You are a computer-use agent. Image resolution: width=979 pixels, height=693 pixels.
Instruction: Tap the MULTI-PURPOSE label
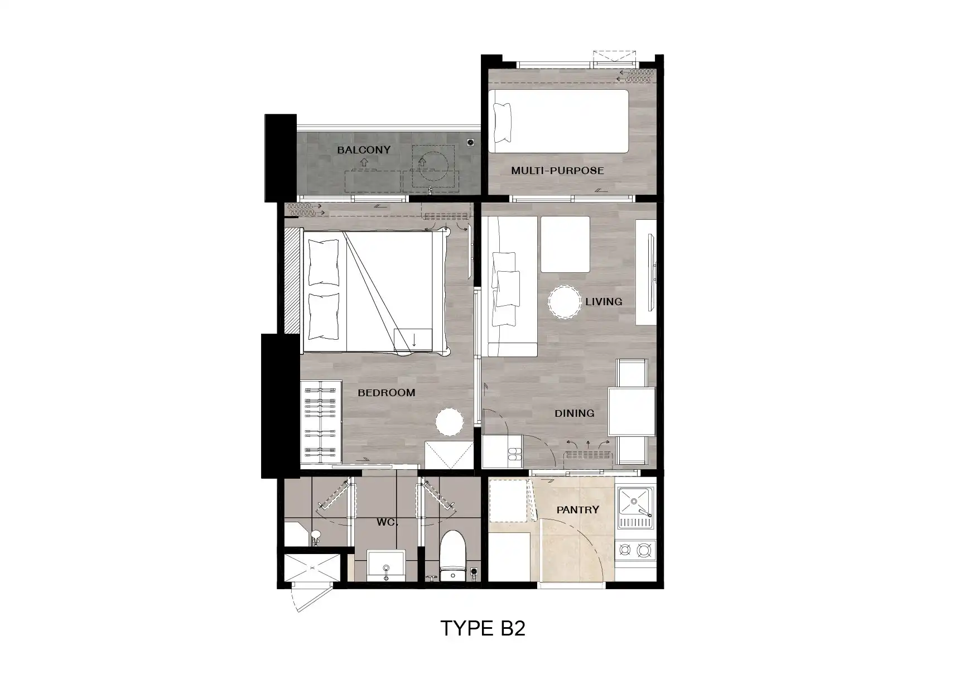pos(557,171)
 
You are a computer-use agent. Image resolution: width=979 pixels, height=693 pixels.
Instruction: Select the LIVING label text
pos(604,302)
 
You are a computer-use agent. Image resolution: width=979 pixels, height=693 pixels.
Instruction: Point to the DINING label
pos(574,413)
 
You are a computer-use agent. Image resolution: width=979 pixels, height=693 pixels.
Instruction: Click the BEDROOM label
pos(387,393)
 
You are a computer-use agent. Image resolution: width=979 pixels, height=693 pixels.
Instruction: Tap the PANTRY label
pos(578,509)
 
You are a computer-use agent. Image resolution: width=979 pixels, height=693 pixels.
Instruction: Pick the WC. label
pos(387,522)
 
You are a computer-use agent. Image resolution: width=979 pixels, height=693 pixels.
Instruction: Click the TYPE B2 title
pos(483,628)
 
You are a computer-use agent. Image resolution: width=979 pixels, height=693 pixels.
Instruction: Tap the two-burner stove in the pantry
pos(635,550)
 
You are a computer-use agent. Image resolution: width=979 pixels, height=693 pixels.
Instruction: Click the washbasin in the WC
pos(386,566)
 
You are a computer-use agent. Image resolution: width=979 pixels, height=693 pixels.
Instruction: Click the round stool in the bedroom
pos(449,422)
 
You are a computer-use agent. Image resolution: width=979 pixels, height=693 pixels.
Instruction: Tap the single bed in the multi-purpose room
pos(558,121)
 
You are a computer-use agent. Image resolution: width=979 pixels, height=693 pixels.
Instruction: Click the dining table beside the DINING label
pos(631,412)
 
